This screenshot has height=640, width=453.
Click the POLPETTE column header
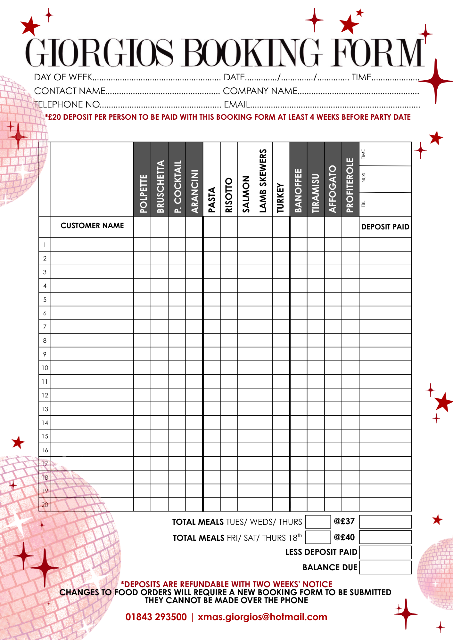tap(143, 193)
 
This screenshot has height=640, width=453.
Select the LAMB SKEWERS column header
tap(263, 181)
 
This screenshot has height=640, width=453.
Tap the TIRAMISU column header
tap(316, 193)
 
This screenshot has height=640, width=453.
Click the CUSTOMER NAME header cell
tap(92, 226)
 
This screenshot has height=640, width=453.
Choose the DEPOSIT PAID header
tap(385, 227)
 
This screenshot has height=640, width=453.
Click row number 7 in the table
tap(45, 327)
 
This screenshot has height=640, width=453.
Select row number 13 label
tap(45, 409)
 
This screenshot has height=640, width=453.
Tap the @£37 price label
tap(344, 521)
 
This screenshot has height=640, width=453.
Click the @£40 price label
tap(344, 537)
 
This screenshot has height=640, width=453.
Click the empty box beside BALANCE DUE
tap(385, 567)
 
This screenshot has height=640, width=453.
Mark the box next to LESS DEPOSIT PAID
tap(385, 552)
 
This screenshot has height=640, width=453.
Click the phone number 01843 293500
tap(156, 617)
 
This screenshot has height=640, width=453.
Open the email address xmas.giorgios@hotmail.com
tap(262, 617)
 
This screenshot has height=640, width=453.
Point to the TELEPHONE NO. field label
tap(67, 104)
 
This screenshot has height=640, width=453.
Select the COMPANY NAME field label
tap(260, 91)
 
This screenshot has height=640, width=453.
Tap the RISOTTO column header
tap(228, 195)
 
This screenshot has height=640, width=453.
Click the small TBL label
tap(363, 204)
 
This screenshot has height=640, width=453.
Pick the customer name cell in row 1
tap(92, 244)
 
